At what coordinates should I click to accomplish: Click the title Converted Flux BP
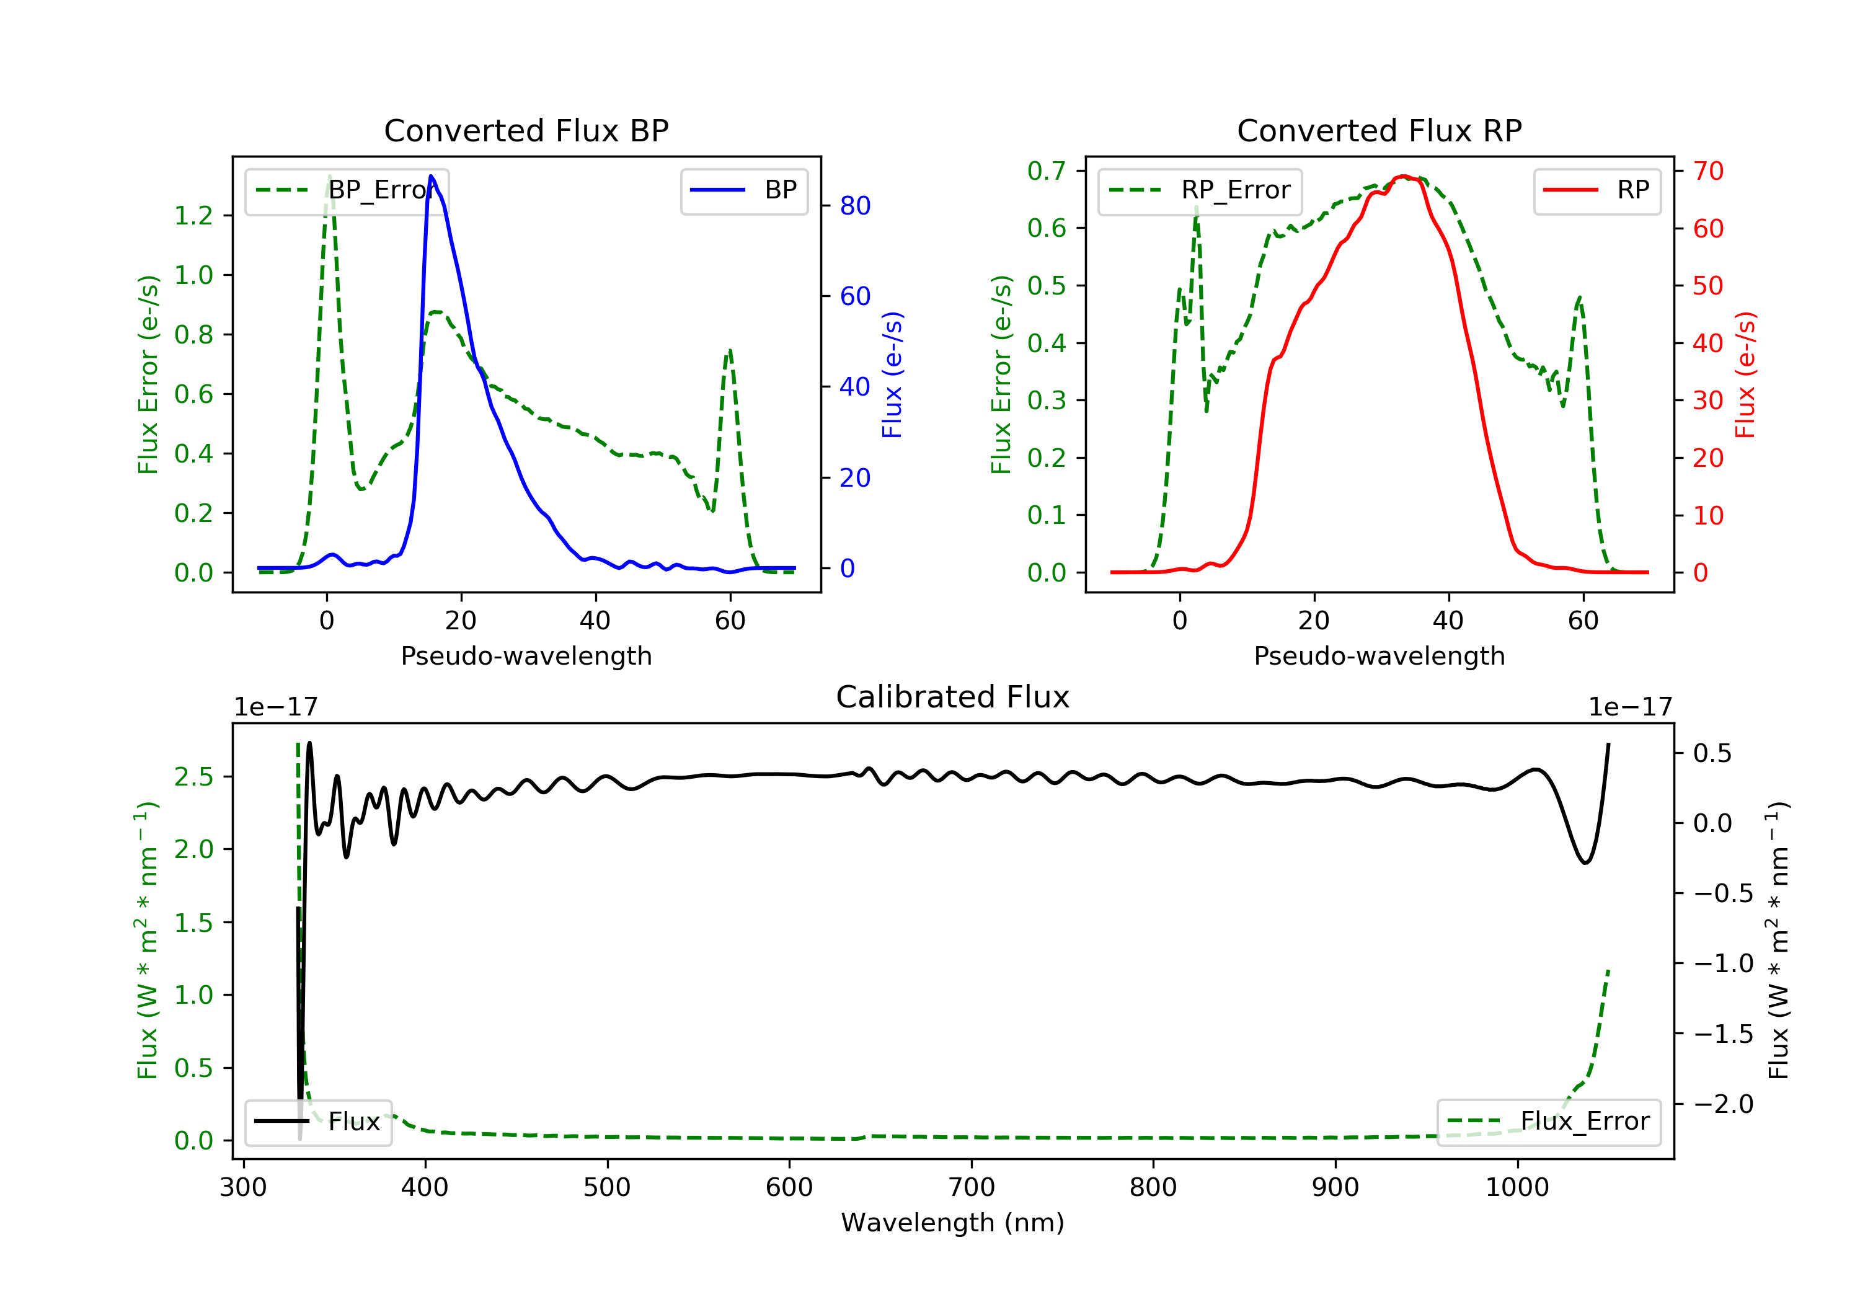tap(526, 130)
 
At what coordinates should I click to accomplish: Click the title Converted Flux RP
tap(1379, 130)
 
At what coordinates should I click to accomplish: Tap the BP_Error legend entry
tap(347, 190)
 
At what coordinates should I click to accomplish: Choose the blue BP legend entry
tap(743, 190)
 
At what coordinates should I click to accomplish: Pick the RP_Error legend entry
tap(1200, 190)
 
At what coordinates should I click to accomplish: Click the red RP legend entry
tap(1596, 190)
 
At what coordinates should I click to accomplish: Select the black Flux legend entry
tap(317, 1122)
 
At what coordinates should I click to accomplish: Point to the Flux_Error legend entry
tap(1548, 1122)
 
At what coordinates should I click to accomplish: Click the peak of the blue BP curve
tap(431, 176)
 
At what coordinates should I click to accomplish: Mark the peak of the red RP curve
tap(1403, 176)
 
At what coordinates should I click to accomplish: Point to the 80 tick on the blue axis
tap(854, 206)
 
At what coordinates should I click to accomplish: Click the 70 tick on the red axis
tap(1707, 171)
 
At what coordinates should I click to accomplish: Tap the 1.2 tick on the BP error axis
tap(193, 216)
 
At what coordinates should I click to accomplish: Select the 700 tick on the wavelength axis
tap(972, 1188)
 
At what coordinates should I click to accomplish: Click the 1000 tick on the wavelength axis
tap(1517, 1188)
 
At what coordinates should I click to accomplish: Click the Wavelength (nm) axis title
tap(953, 1223)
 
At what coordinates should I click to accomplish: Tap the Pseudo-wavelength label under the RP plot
tap(1379, 655)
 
